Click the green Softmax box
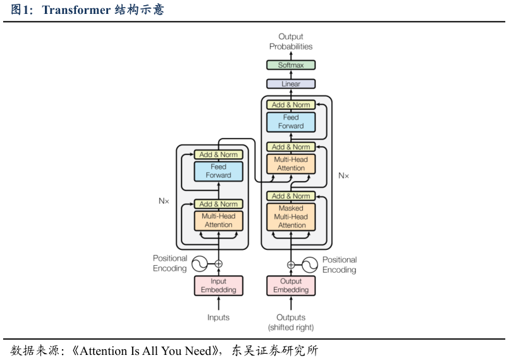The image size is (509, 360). pyautogui.click(x=291, y=65)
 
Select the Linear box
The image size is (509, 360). pyautogui.click(x=291, y=84)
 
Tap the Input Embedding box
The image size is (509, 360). pyautogui.click(x=219, y=285)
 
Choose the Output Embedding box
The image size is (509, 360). pyautogui.click(x=291, y=285)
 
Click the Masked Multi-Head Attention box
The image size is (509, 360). pyautogui.click(x=291, y=217)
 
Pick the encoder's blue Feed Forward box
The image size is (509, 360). pyautogui.click(x=219, y=171)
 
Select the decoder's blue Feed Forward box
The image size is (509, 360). pyautogui.click(x=291, y=122)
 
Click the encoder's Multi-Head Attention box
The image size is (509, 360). pyautogui.click(x=219, y=221)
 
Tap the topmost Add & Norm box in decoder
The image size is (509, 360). pyautogui.click(x=291, y=104)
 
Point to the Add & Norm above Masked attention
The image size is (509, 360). pyautogui.click(x=291, y=196)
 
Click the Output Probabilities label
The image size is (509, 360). pyautogui.click(x=291, y=41)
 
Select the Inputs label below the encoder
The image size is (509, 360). pyautogui.click(x=219, y=318)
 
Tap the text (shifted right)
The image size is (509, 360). pyautogui.click(x=291, y=328)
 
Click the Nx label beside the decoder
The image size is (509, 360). pyautogui.click(x=343, y=176)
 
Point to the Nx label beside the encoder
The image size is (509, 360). pyautogui.click(x=164, y=201)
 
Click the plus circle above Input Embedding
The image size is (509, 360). pyautogui.click(x=219, y=264)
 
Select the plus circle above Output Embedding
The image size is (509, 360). pyautogui.click(x=291, y=265)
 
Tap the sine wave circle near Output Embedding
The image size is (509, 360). pyautogui.click(x=310, y=265)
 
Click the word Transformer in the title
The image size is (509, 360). pyautogui.click(x=77, y=9)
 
